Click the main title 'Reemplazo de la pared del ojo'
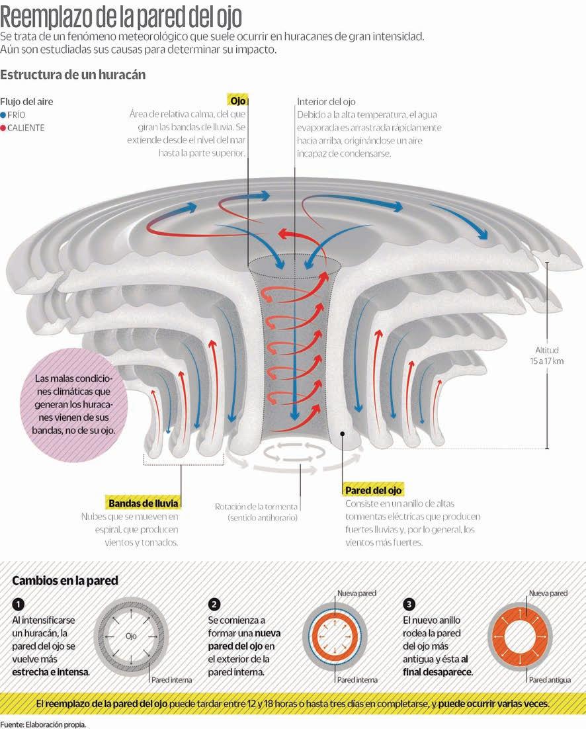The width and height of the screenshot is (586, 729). coord(121,15)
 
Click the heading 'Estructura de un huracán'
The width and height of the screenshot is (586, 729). coord(73,75)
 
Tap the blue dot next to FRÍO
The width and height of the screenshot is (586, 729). coord(3,114)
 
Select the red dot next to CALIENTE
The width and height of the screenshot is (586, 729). coord(3,128)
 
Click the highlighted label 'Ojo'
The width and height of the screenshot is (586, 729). coord(237,101)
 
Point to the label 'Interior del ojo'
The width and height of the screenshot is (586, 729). coord(326,102)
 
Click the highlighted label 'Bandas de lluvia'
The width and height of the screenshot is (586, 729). coord(143,503)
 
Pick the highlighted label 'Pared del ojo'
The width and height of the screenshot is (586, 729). coord(373,490)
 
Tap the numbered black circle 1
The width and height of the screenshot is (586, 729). coord(19,605)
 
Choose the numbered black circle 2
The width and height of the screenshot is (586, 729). coord(214,605)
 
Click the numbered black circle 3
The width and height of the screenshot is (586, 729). coord(409,605)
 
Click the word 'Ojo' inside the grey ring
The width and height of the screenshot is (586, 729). coord(131,636)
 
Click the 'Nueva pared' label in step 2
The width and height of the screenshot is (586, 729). coord(356,594)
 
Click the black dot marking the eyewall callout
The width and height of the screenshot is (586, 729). coord(343,433)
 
